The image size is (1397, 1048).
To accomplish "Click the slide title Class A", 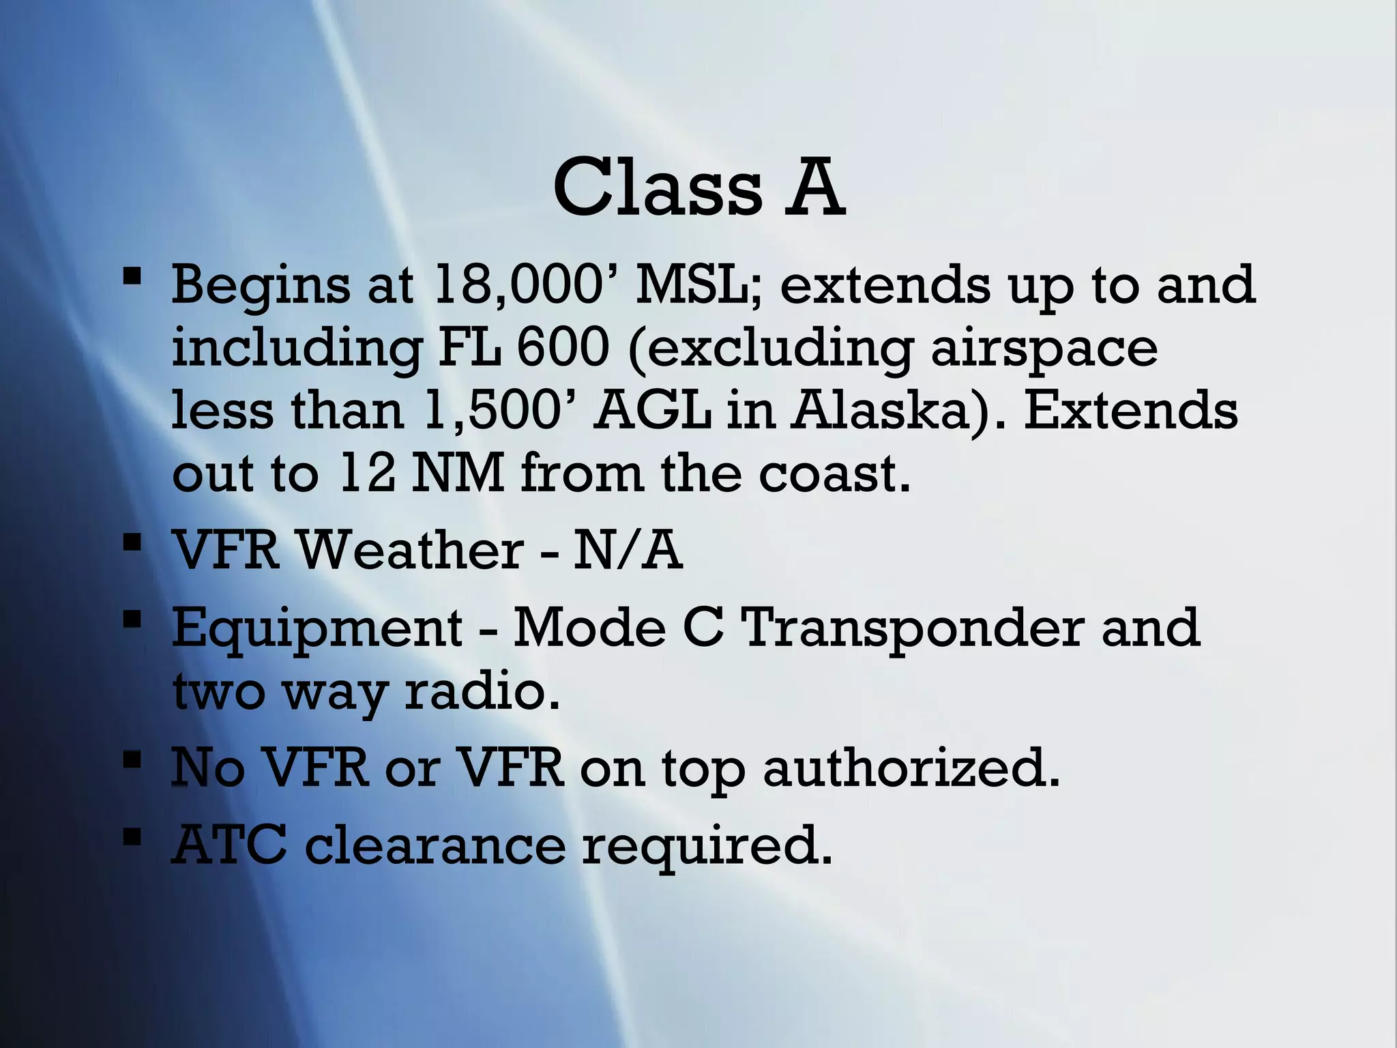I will pos(698,187).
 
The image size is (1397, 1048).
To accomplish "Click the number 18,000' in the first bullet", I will pos(525,285).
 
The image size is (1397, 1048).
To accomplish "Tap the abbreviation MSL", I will pos(699,285).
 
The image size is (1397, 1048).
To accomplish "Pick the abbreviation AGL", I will pos(652,411).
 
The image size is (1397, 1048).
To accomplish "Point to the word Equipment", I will pos(317,628).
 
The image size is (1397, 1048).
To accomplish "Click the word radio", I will pos(482,690).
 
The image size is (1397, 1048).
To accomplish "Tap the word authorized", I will pos(911,768).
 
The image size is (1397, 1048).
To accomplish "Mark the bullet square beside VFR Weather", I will pos(132,545).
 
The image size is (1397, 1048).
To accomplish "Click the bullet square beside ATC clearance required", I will pos(132,837).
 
